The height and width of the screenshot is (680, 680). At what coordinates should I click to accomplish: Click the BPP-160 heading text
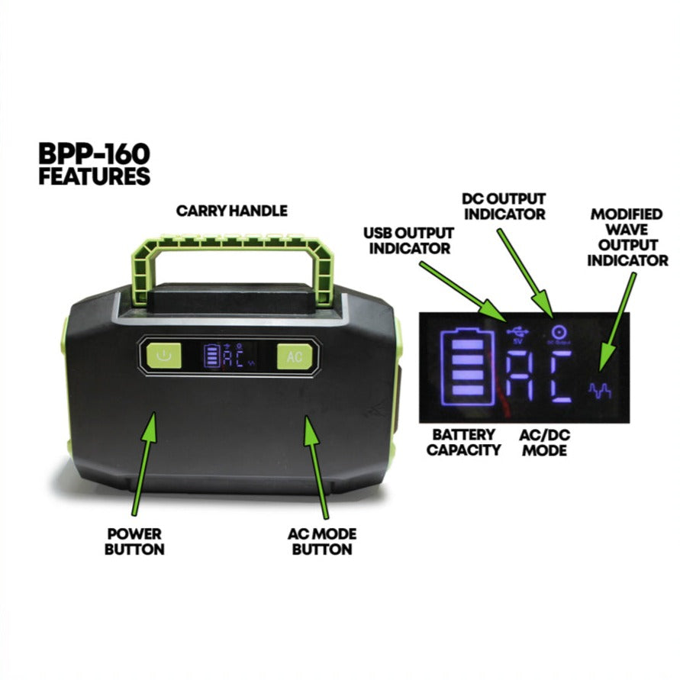point(94,153)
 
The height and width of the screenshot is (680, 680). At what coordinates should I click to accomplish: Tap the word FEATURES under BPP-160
point(94,176)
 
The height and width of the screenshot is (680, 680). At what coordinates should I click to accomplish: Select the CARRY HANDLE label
point(231,211)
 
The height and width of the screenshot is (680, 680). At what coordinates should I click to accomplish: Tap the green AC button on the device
point(294,356)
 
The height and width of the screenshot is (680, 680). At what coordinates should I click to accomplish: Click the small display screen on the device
point(230,356)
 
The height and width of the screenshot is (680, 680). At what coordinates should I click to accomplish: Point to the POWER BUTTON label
point(135,541)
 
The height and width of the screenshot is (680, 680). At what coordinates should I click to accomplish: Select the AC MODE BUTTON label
point(321,541)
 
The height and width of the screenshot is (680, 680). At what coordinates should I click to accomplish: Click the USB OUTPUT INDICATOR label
point(408,240)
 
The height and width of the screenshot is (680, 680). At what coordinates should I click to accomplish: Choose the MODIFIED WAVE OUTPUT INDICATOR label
point(629,237)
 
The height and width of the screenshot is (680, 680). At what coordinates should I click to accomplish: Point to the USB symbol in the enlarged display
point(519,334)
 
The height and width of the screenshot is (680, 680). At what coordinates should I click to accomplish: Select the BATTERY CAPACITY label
point(463,442)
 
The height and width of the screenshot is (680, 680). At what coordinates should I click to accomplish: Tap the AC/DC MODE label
point(545,442)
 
